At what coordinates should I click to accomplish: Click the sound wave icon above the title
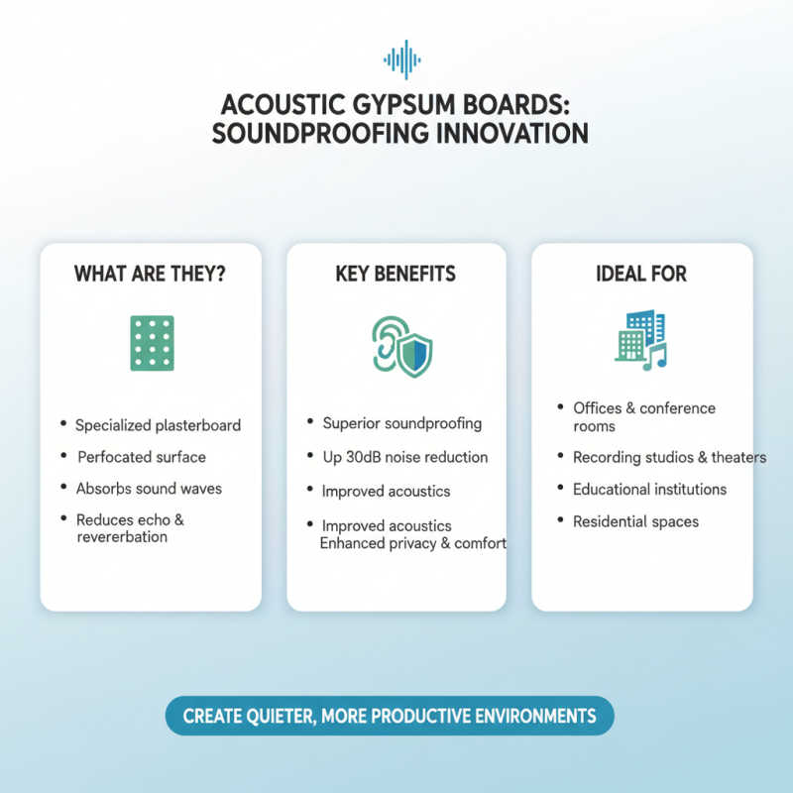pos(402,60)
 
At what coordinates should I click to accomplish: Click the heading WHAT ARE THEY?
pos(150,274)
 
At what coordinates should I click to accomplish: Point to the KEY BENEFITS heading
pos(396,274)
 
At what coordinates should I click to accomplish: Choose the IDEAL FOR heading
pos(641,274)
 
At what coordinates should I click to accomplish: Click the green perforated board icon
pos(152,344)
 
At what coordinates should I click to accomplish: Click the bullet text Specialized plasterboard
pos(158,425)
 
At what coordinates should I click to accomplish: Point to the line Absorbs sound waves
pos(149,489)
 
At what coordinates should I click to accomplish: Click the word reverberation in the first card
pos(122,537)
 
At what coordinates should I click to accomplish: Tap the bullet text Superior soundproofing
pos(401,423)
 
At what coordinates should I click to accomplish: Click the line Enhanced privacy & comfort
pos(414,543)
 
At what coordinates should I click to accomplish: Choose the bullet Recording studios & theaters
pos(669,457)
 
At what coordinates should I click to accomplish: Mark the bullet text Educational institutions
pos(649,489)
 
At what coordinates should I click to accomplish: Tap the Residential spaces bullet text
pos(635,520)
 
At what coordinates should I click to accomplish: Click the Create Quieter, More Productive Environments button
pos(390,716)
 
